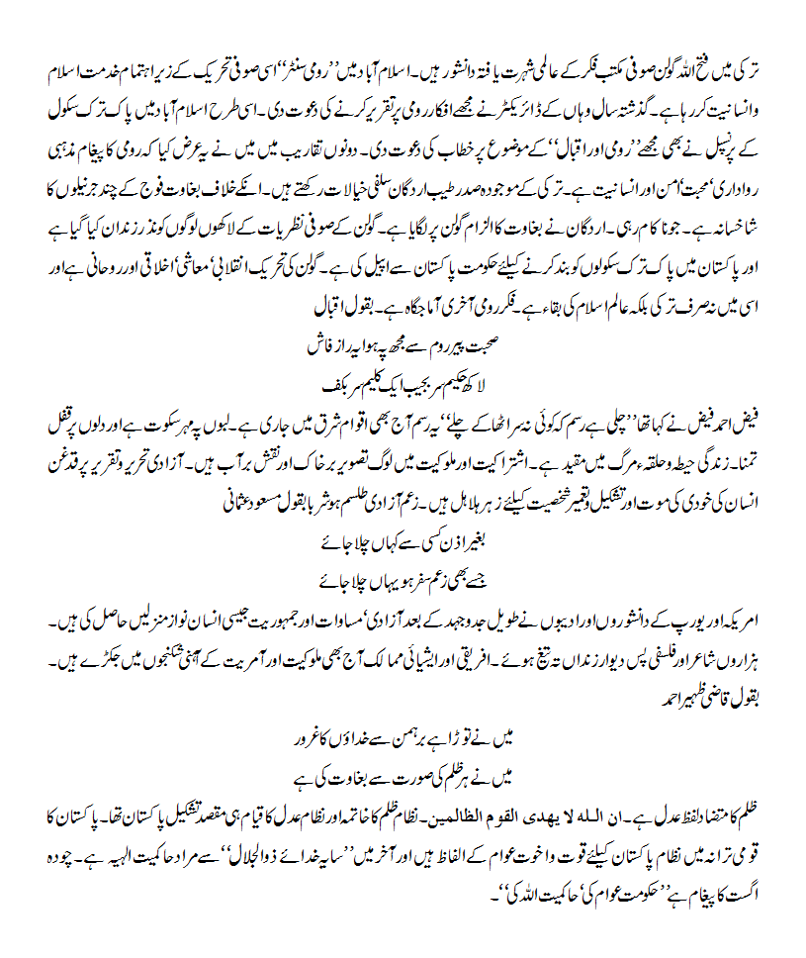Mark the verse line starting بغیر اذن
(x=403, y=546)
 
